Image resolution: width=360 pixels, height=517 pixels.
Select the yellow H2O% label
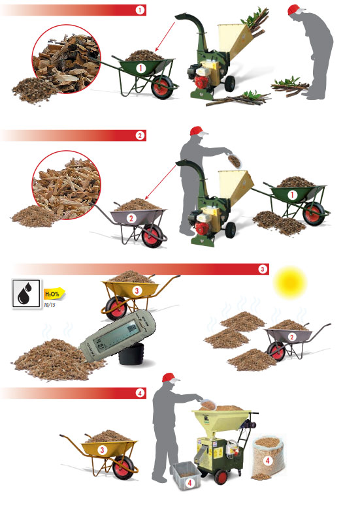tap(52, 294)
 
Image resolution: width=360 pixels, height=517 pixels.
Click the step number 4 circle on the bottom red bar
tap(140, 393)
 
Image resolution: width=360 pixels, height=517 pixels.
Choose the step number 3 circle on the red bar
tap(263, 269)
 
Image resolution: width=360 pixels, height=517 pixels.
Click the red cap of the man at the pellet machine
tap(171, 377)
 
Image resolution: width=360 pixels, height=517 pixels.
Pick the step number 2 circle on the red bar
tap(140, 136)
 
